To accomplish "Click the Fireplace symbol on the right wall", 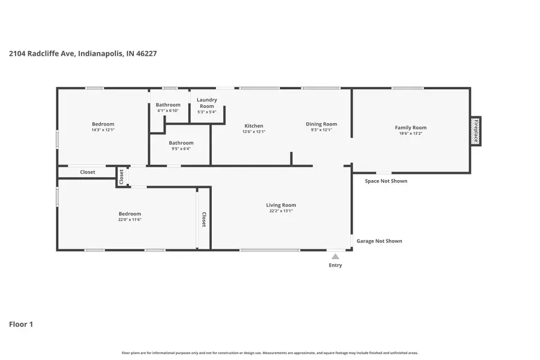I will click(x=475, y=130).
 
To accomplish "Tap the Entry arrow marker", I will click(x=335, y=257).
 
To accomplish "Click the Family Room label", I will click(x=410, y=127).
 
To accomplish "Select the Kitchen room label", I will click(x=253, y=126).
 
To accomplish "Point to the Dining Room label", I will click(x=321, y=124).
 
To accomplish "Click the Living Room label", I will click(x=281, y=205).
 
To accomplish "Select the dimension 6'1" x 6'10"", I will click(x=168, y=110).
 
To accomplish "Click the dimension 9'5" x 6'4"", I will click(x=181, y=149).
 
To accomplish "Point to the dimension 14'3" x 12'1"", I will click(x=103, y=130).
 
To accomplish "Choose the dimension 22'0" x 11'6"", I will click(x=130, y=220).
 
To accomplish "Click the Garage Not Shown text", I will click(x=379, y=241).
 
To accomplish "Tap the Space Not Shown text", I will click(x=386, y=181).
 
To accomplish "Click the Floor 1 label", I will click(x=21, y=325).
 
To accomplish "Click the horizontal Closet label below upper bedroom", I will click(x=88, y=172).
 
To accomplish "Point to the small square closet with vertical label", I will click(x=122, y=176).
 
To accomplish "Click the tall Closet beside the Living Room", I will click(x=204, y=219).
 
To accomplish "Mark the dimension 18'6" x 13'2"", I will click(x=410, y=133).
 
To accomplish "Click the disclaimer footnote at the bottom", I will click(x=270, y=353).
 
